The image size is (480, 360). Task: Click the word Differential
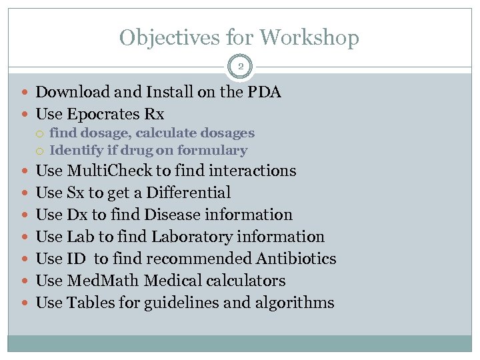pos(189,193)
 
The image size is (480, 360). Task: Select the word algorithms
pos(295,303)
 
